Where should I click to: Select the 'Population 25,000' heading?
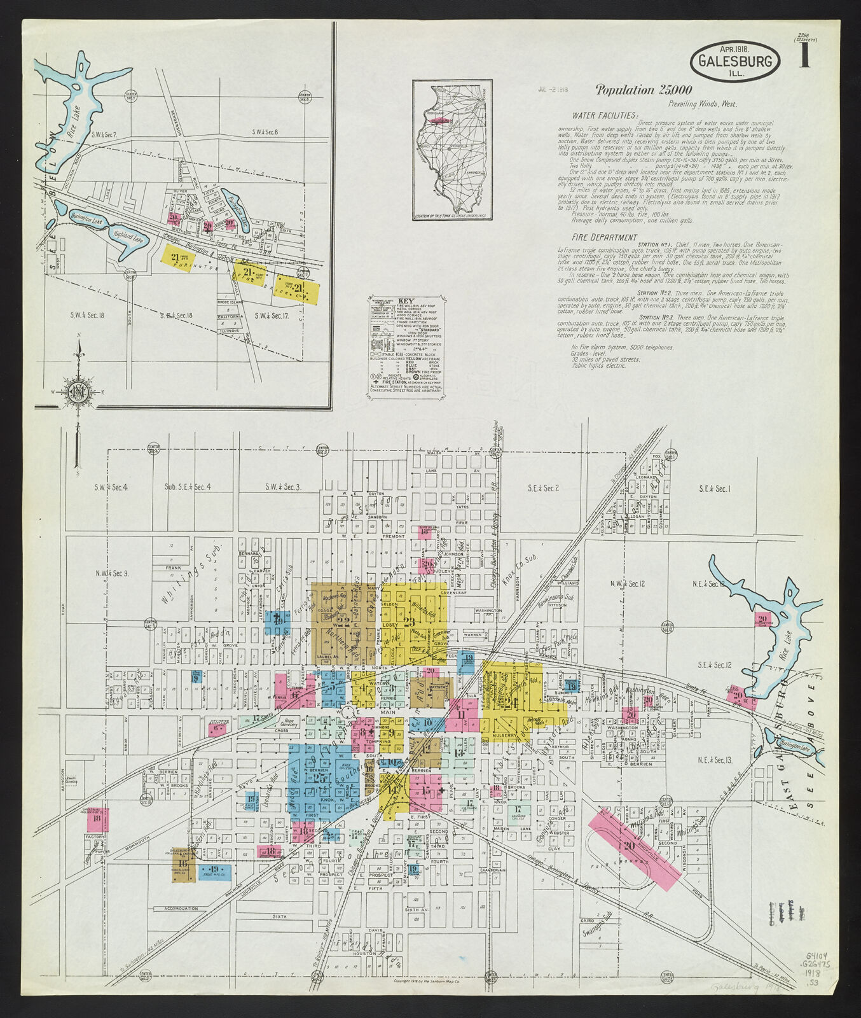tap(644, 90)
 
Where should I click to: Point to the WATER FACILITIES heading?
tap(604, 116)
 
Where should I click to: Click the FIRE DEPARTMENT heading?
tap(604, 237)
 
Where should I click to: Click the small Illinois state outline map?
tap(452, 150)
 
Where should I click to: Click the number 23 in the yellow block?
tap(409, 622)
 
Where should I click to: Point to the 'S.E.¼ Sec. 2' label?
tap(543, 488)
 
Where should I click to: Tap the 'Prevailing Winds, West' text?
tap(702, 104)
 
